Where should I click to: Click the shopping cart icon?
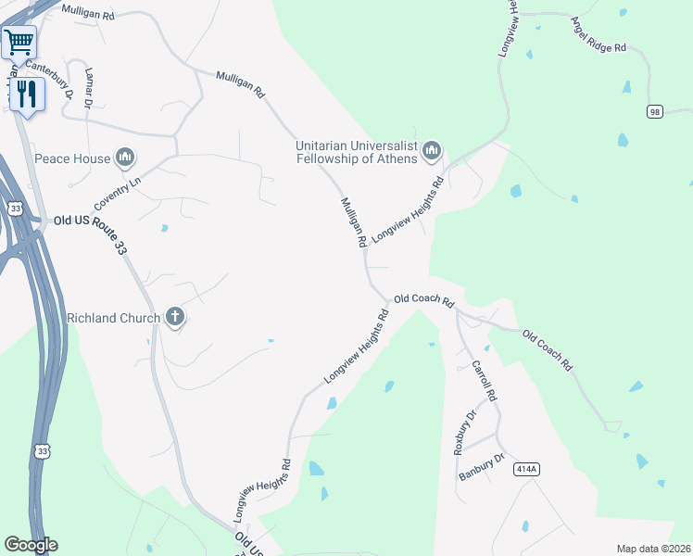[x=19, y=42]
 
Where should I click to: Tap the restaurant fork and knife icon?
[x=26, y=95]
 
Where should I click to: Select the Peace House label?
[x=72, y=158]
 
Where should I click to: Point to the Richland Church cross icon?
[x=174, y=318]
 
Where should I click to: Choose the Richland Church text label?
[x=112, y=318]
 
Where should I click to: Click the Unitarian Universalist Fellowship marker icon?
[x=431, y=150]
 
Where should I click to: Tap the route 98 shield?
[x=656, y=111]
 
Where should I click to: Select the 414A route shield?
[x=526, y=470]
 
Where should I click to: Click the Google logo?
[x=31, y=545]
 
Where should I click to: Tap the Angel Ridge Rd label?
[x=598, y=34]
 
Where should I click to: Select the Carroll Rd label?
[x=485, y=381]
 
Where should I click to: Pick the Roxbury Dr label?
[x=464, y=431]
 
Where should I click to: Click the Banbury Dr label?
[x=482, y=467]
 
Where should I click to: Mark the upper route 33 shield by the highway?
[x=16, y=208]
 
